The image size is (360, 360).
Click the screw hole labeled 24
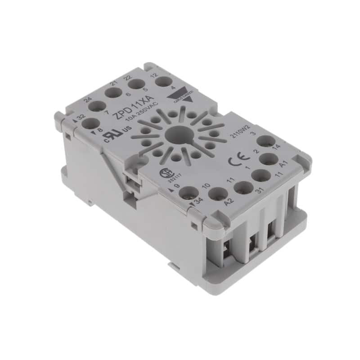(x=97, y=107)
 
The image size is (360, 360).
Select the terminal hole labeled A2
(x=218, y=195)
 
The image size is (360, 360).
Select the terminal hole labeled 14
(x=267, y=141)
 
